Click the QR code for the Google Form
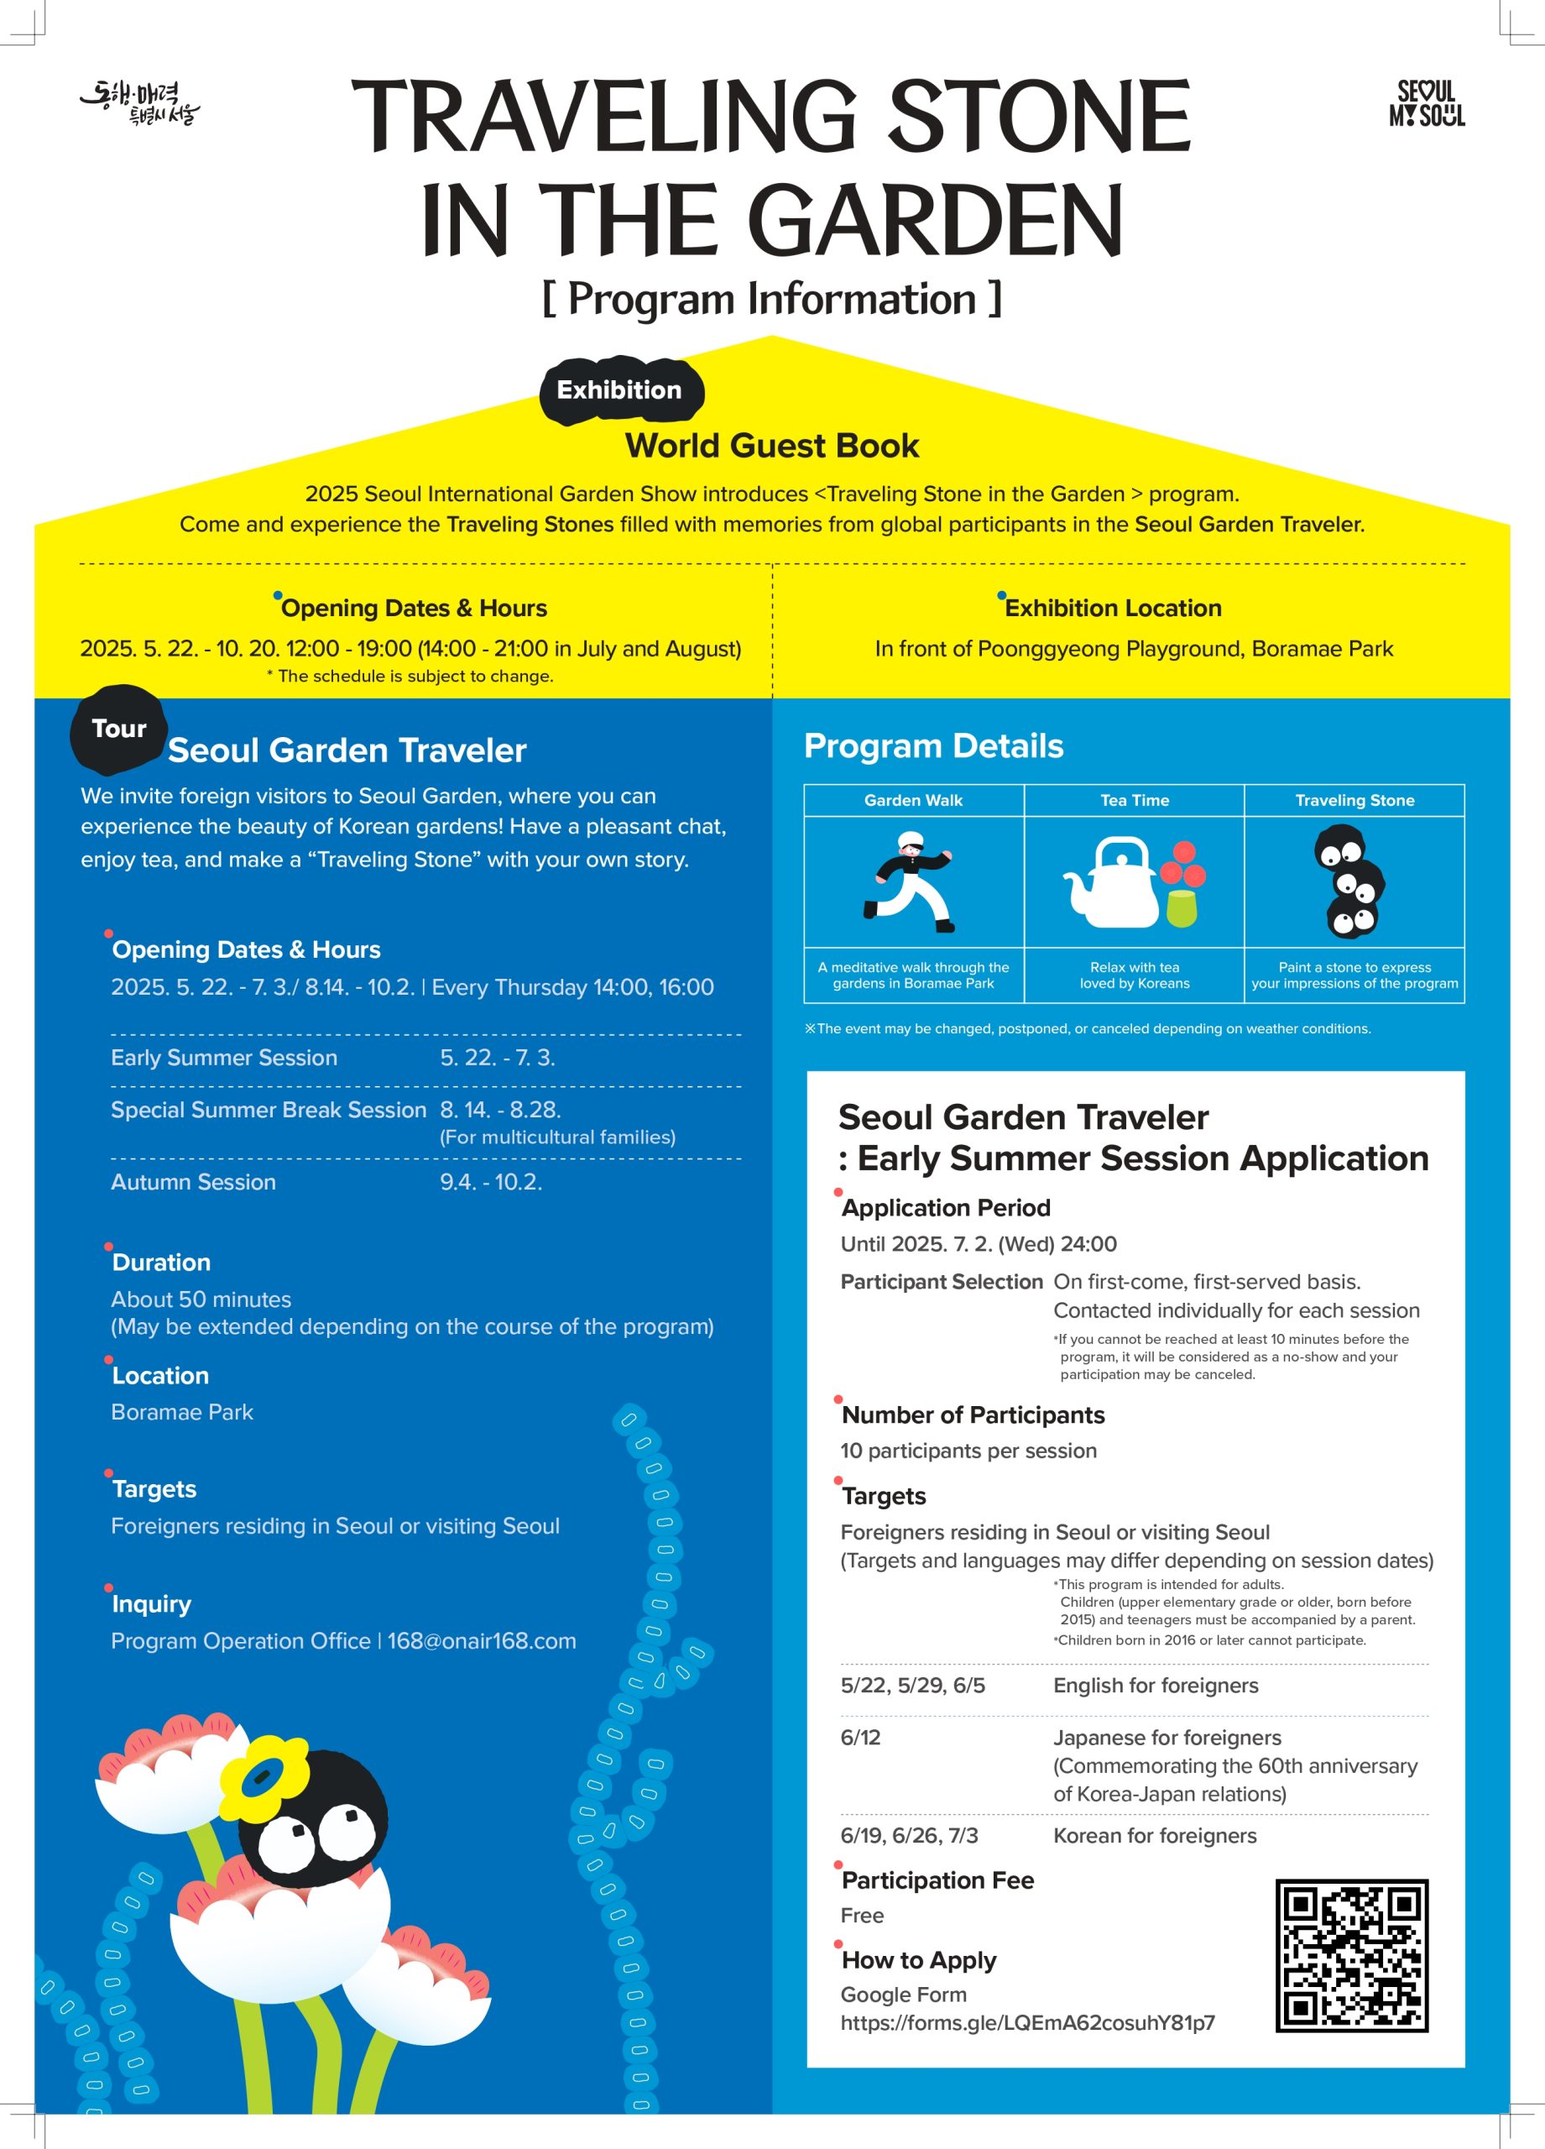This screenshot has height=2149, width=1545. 1351,1956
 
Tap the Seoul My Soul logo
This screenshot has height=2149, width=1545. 1427,103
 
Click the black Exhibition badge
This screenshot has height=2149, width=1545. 619,390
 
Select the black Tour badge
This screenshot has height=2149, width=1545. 118,729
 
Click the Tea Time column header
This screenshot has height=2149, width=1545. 1134,801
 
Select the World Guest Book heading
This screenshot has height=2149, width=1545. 771,446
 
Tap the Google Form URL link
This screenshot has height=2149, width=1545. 1027,2023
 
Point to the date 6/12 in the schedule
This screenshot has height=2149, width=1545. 860,1738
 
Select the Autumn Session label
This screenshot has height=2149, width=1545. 193,1183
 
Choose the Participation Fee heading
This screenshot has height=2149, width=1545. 937,1881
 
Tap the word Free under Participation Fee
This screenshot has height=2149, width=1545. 862,1916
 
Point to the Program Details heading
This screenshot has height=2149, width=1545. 933,746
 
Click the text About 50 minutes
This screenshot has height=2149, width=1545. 201,1300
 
